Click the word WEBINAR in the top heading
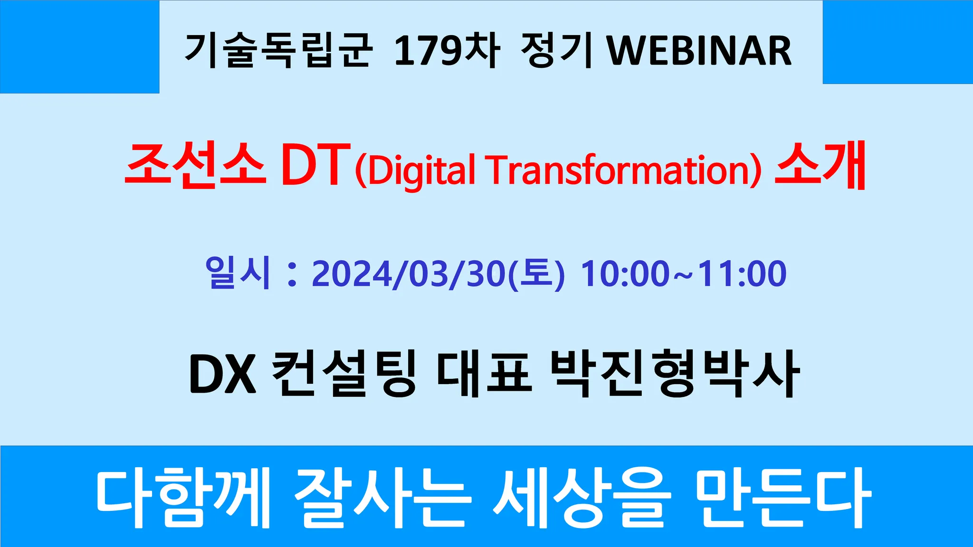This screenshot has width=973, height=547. tap(700, 51)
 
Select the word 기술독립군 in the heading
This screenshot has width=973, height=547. tap(278, 50)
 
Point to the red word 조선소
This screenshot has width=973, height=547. tap(195, 165)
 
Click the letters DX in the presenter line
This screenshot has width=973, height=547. tap(223, 374)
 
